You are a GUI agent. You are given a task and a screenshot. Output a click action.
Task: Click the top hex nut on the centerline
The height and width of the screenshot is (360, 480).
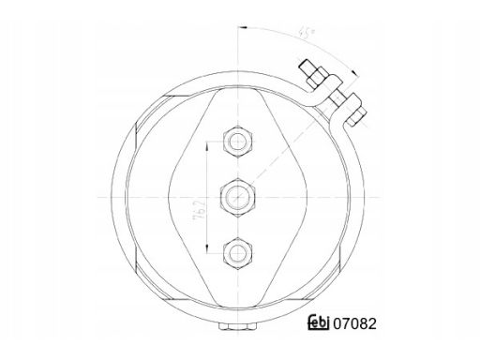[x=237, y=142]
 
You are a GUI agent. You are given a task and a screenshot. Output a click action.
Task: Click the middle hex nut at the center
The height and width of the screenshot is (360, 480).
[x=237, y=197]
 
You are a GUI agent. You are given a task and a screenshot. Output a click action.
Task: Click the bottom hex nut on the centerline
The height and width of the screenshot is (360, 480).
[x=237, y=253]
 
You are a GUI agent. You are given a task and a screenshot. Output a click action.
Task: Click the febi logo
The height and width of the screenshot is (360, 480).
[x=319, y=322]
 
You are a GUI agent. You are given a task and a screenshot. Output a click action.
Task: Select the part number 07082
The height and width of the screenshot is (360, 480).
[x=354, y=324]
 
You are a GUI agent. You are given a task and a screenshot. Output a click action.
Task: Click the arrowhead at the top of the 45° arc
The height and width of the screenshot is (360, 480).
[x=243, y=27]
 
